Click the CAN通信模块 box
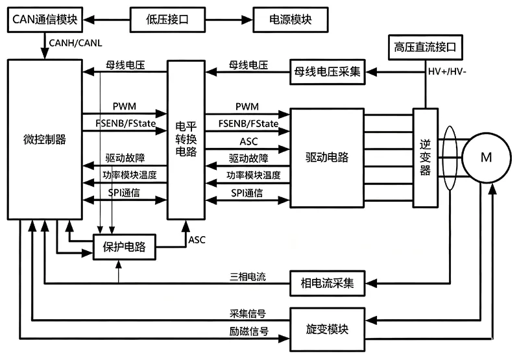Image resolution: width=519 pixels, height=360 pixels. [x=45, y=19]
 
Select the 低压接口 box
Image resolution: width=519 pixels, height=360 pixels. [x=167, y=19]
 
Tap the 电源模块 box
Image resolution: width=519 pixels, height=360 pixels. [x=290, y=19]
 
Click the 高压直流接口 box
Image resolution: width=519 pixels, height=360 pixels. [x=425, y=47]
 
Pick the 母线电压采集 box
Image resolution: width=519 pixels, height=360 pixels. [x=328, y=72]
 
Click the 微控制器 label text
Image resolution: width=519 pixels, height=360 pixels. [x=45, y=139]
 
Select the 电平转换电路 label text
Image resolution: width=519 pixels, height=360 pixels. [x=186, y=139]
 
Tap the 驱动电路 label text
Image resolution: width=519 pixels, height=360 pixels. [x=327, y=157]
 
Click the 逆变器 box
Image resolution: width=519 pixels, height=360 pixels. [x=426, y=158]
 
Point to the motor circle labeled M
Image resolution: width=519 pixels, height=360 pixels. [x=486, y=158]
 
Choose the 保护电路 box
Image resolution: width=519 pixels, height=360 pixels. [x=124, y=247]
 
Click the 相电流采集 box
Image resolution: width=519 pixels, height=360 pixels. [x=328, y=283]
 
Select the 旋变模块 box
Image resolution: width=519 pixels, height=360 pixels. [x=328, y=330]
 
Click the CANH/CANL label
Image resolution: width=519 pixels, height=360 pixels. [x=75, y=43]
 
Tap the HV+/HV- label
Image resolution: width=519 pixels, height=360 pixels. [x=447, y=71]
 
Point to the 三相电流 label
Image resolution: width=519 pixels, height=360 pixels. [x=248, y=276]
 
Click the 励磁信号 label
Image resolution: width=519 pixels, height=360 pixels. [x=248, y=331]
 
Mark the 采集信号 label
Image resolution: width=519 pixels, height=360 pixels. [x=248, y=313]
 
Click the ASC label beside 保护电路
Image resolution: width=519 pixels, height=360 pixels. [x=197, y=240]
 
